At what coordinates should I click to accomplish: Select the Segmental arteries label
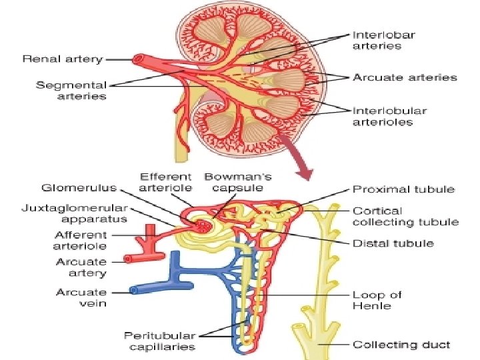point(71,91)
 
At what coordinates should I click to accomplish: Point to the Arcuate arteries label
point(405,77)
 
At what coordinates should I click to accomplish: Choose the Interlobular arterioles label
point(389,116)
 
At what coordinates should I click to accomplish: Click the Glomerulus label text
point(79,188)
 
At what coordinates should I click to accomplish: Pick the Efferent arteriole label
point(165,183)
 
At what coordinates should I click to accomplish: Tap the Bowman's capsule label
point(237,183)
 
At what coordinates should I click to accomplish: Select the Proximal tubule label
point(403,189)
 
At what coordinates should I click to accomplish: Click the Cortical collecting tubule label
point(405,217)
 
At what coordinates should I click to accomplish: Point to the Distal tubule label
point(393,243)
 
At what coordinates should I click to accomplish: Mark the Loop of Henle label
point(377,300)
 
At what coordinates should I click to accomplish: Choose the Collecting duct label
point(401,345)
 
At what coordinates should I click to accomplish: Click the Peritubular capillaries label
point(159,341)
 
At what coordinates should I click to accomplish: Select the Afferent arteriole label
point(80,240)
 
